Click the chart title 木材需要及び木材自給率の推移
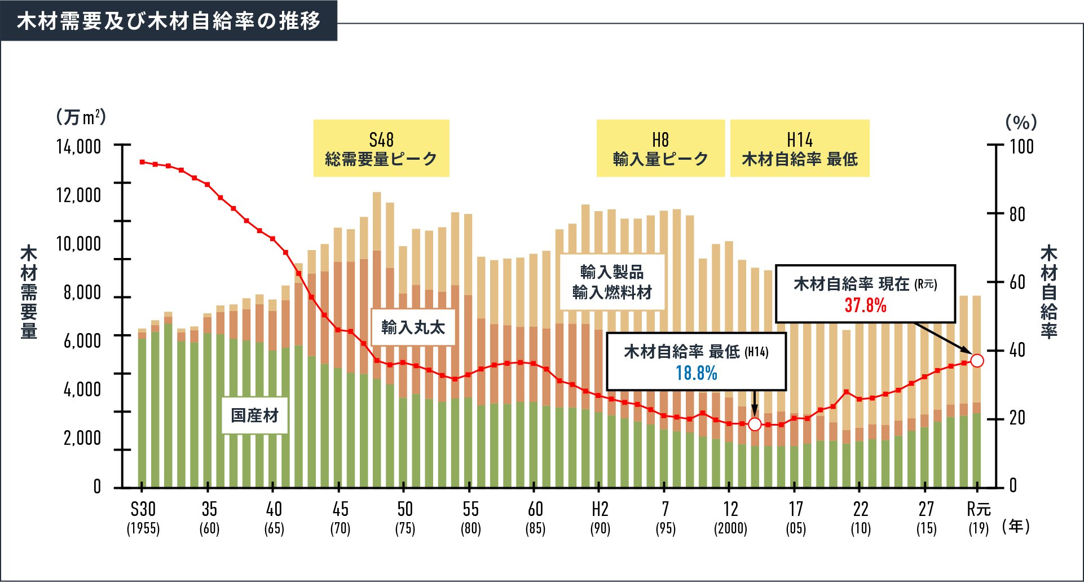coord(169,21)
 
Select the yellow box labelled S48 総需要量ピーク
coord(381,148)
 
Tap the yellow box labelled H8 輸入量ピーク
coord(660,148)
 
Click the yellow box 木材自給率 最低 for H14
coord(800,148)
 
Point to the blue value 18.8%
coord(697,373)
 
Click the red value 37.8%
coord(865,305)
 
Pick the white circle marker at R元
coord(977,360)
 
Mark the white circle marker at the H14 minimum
coord(755,424)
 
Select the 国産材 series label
coord(254,415)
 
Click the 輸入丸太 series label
coord(413,327)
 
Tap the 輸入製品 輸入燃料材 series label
coord(612,282)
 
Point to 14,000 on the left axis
coord(78,147)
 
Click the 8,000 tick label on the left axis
coord(82,292)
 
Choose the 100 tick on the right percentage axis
coord(1021,147)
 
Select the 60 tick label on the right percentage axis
coord(1017,282)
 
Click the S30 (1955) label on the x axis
coord(143,518)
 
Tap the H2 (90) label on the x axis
coord(600,518)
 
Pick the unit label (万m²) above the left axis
coord(81,117)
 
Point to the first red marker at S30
coord(142,162)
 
